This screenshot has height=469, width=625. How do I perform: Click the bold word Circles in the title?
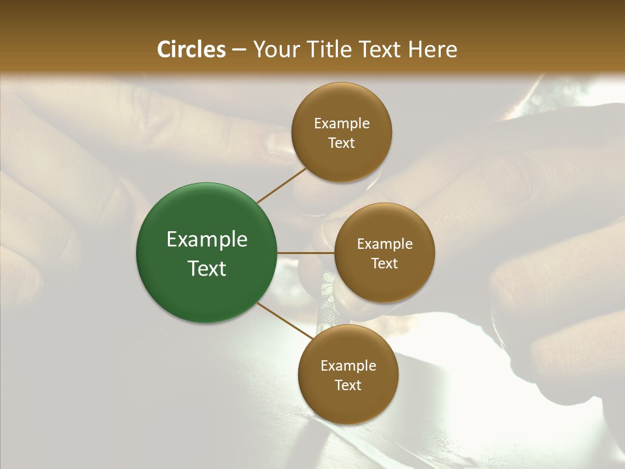point(191,50)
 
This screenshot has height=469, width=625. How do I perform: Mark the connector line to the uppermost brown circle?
point(281,185)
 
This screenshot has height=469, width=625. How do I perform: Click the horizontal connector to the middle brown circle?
point(305,253)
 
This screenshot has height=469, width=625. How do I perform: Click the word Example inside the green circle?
point(207,240)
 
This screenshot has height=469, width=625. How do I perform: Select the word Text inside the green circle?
point(207,268)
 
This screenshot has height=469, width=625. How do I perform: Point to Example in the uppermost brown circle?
point(342,124)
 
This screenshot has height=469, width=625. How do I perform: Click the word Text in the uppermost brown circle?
point(342,143)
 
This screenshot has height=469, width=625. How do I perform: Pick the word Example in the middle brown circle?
point(385,244)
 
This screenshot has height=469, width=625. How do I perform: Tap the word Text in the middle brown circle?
point(385,264)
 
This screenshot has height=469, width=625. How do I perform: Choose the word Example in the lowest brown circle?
point(348,366)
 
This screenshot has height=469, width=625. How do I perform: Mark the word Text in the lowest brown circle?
point(348,386)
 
